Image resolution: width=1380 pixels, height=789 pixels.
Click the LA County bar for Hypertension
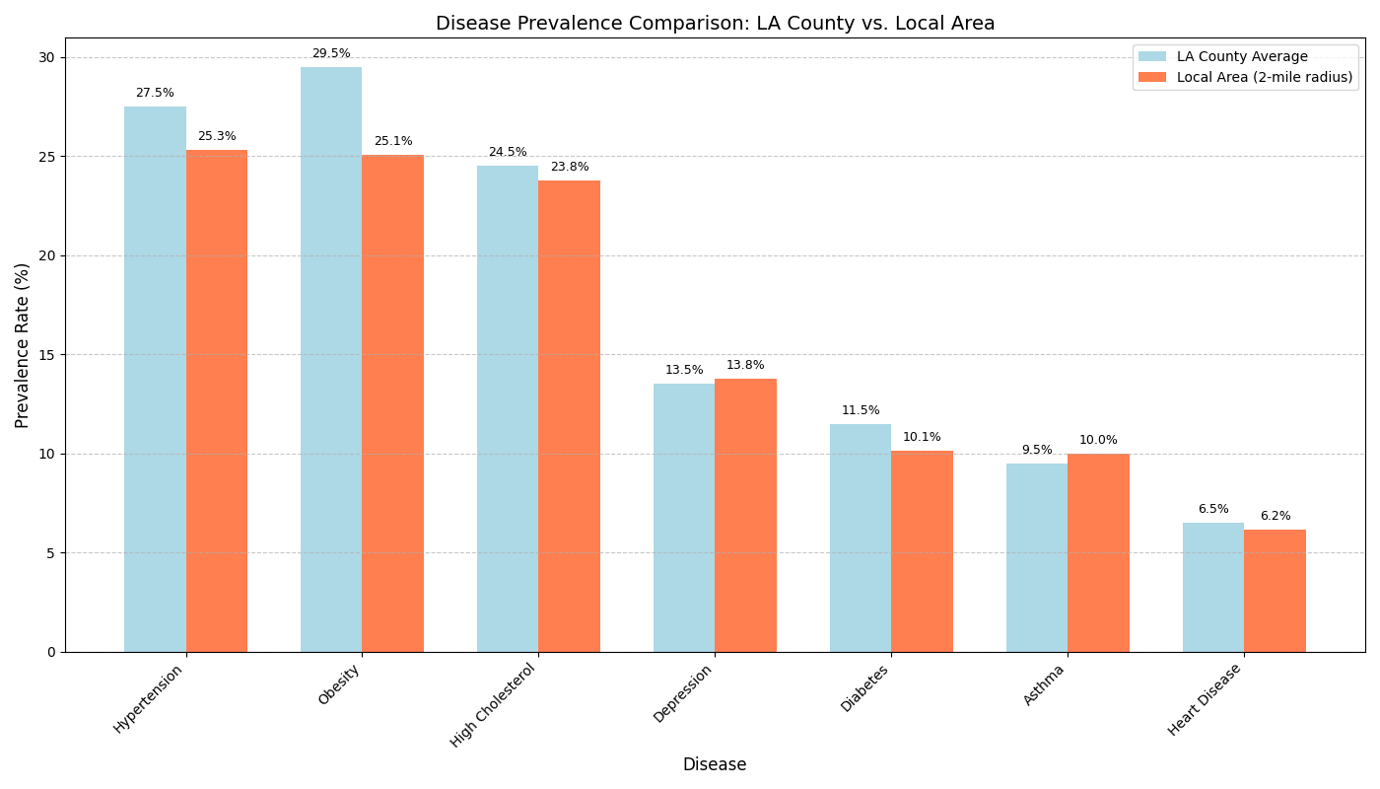tap(155, 379)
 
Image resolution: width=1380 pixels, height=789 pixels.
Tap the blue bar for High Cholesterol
tap(508, 408)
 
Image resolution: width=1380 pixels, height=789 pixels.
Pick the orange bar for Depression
tap(745, 515)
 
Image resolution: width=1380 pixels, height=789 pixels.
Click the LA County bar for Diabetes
tap(861, 538)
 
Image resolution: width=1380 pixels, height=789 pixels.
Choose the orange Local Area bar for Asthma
tap(1098, 552)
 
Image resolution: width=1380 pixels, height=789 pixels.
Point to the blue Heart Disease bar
tap(1213, 587)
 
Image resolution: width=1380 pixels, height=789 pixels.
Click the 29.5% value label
tap(331, 53)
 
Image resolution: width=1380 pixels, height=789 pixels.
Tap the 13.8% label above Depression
tap(745, 365)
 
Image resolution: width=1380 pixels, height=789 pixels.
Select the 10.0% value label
tap(1098, 440)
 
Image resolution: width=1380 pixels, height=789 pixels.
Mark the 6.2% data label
tap(1275, 516)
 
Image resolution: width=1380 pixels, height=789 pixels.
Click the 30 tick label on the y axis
tap(45, 57)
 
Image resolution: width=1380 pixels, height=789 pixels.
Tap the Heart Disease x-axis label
tap(1206, 699)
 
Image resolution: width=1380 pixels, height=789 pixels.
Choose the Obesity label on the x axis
tap(340, 684)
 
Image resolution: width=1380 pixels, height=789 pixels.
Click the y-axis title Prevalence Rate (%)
tap(23, 344)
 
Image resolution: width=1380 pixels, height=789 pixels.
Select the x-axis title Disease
tap(715, 764)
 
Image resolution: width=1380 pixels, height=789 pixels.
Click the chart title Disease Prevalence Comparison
tap(715, 24)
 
